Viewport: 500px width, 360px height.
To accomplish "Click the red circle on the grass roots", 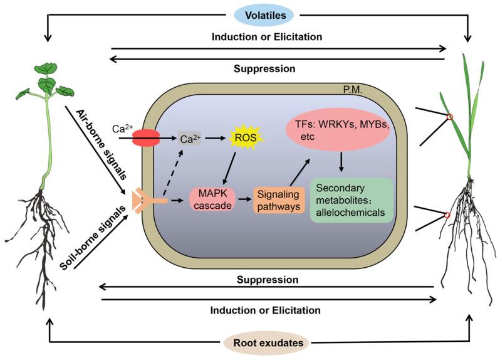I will point(447,215).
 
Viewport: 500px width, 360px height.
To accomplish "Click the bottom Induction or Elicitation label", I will point(266,310).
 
